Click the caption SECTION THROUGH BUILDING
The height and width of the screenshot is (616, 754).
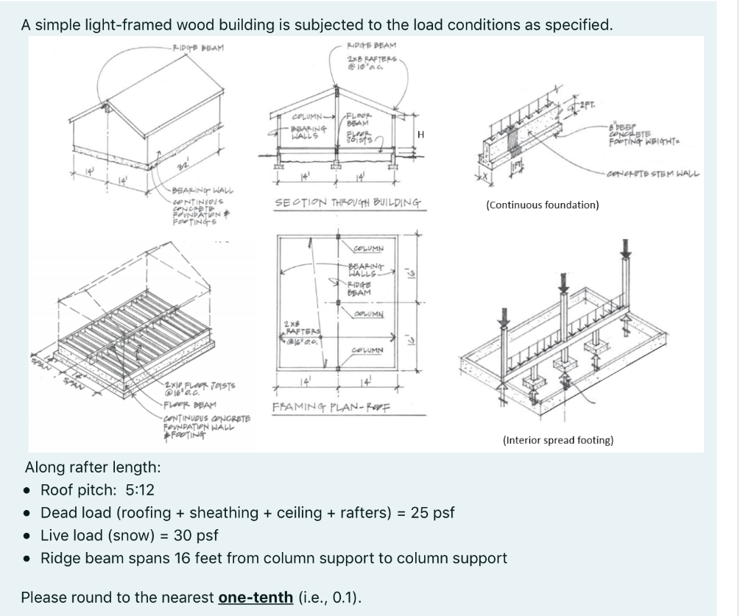348,202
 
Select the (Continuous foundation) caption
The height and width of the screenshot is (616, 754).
542,205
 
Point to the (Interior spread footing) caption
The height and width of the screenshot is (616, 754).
557,440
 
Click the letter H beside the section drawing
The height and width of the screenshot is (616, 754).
420,134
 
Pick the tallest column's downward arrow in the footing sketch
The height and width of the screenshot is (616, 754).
625,247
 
